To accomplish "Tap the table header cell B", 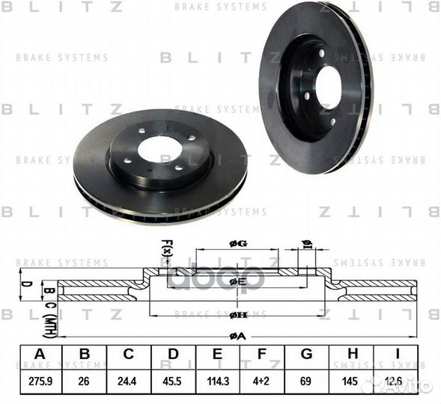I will coord(84,355).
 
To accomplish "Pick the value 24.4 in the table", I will coord(129,381).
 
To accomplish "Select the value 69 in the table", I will coord(305,381).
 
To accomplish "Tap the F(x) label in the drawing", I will coord(166,247).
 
